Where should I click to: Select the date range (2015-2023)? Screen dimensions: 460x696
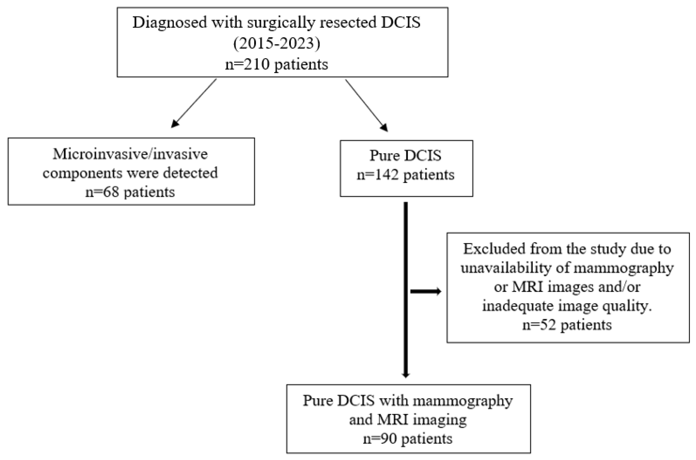[x=276, y=44]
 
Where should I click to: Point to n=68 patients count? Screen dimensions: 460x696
[x=130, y=192]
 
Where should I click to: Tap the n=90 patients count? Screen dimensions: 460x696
[x=408, y=439]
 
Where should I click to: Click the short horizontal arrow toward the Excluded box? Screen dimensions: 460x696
[x=426, y=291]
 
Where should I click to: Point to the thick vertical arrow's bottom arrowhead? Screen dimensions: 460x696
[x=406, y=375]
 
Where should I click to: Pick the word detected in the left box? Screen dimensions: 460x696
[x=190, y=173]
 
